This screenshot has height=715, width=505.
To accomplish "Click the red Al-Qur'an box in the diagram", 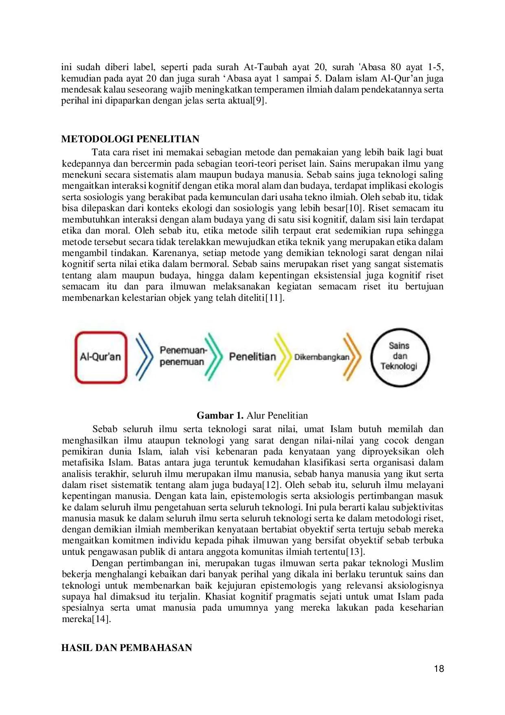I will [101, 357].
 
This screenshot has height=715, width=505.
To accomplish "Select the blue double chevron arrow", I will [144, 357].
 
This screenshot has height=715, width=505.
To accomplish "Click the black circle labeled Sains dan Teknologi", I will [400, 357].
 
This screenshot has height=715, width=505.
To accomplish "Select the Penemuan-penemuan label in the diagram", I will [183, 356].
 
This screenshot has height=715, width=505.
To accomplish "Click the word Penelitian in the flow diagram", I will [252, 357].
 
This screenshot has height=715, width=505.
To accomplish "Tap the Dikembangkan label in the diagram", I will [322, 357].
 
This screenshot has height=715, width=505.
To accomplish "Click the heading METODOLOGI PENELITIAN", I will [130, 139].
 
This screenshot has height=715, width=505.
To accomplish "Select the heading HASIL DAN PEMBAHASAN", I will [127, 648].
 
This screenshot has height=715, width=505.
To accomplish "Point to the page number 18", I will [439, 669].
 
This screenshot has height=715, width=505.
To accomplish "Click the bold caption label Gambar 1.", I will [220, 415].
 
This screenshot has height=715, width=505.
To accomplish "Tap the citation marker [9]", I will [259, 101].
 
